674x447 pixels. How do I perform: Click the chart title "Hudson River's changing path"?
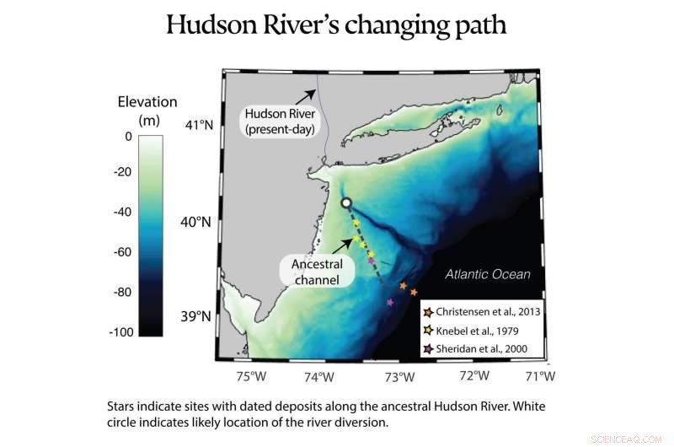[x=336, y=24]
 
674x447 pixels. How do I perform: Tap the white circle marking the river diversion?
[x=345, y=202]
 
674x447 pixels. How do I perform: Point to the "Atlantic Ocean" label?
[x=488, y=274]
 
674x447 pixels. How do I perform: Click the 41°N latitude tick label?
[x=199, y=126]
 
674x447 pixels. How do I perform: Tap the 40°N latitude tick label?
[x=199, y=223]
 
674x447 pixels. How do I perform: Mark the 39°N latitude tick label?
[x=199, y=318]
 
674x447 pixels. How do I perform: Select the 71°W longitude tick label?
[x=539, y=376]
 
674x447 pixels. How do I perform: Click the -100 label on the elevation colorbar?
[x=120, y=332]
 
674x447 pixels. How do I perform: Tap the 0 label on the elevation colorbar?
[x=128, y=136]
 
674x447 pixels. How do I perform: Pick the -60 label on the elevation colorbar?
[x=122, y=252]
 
